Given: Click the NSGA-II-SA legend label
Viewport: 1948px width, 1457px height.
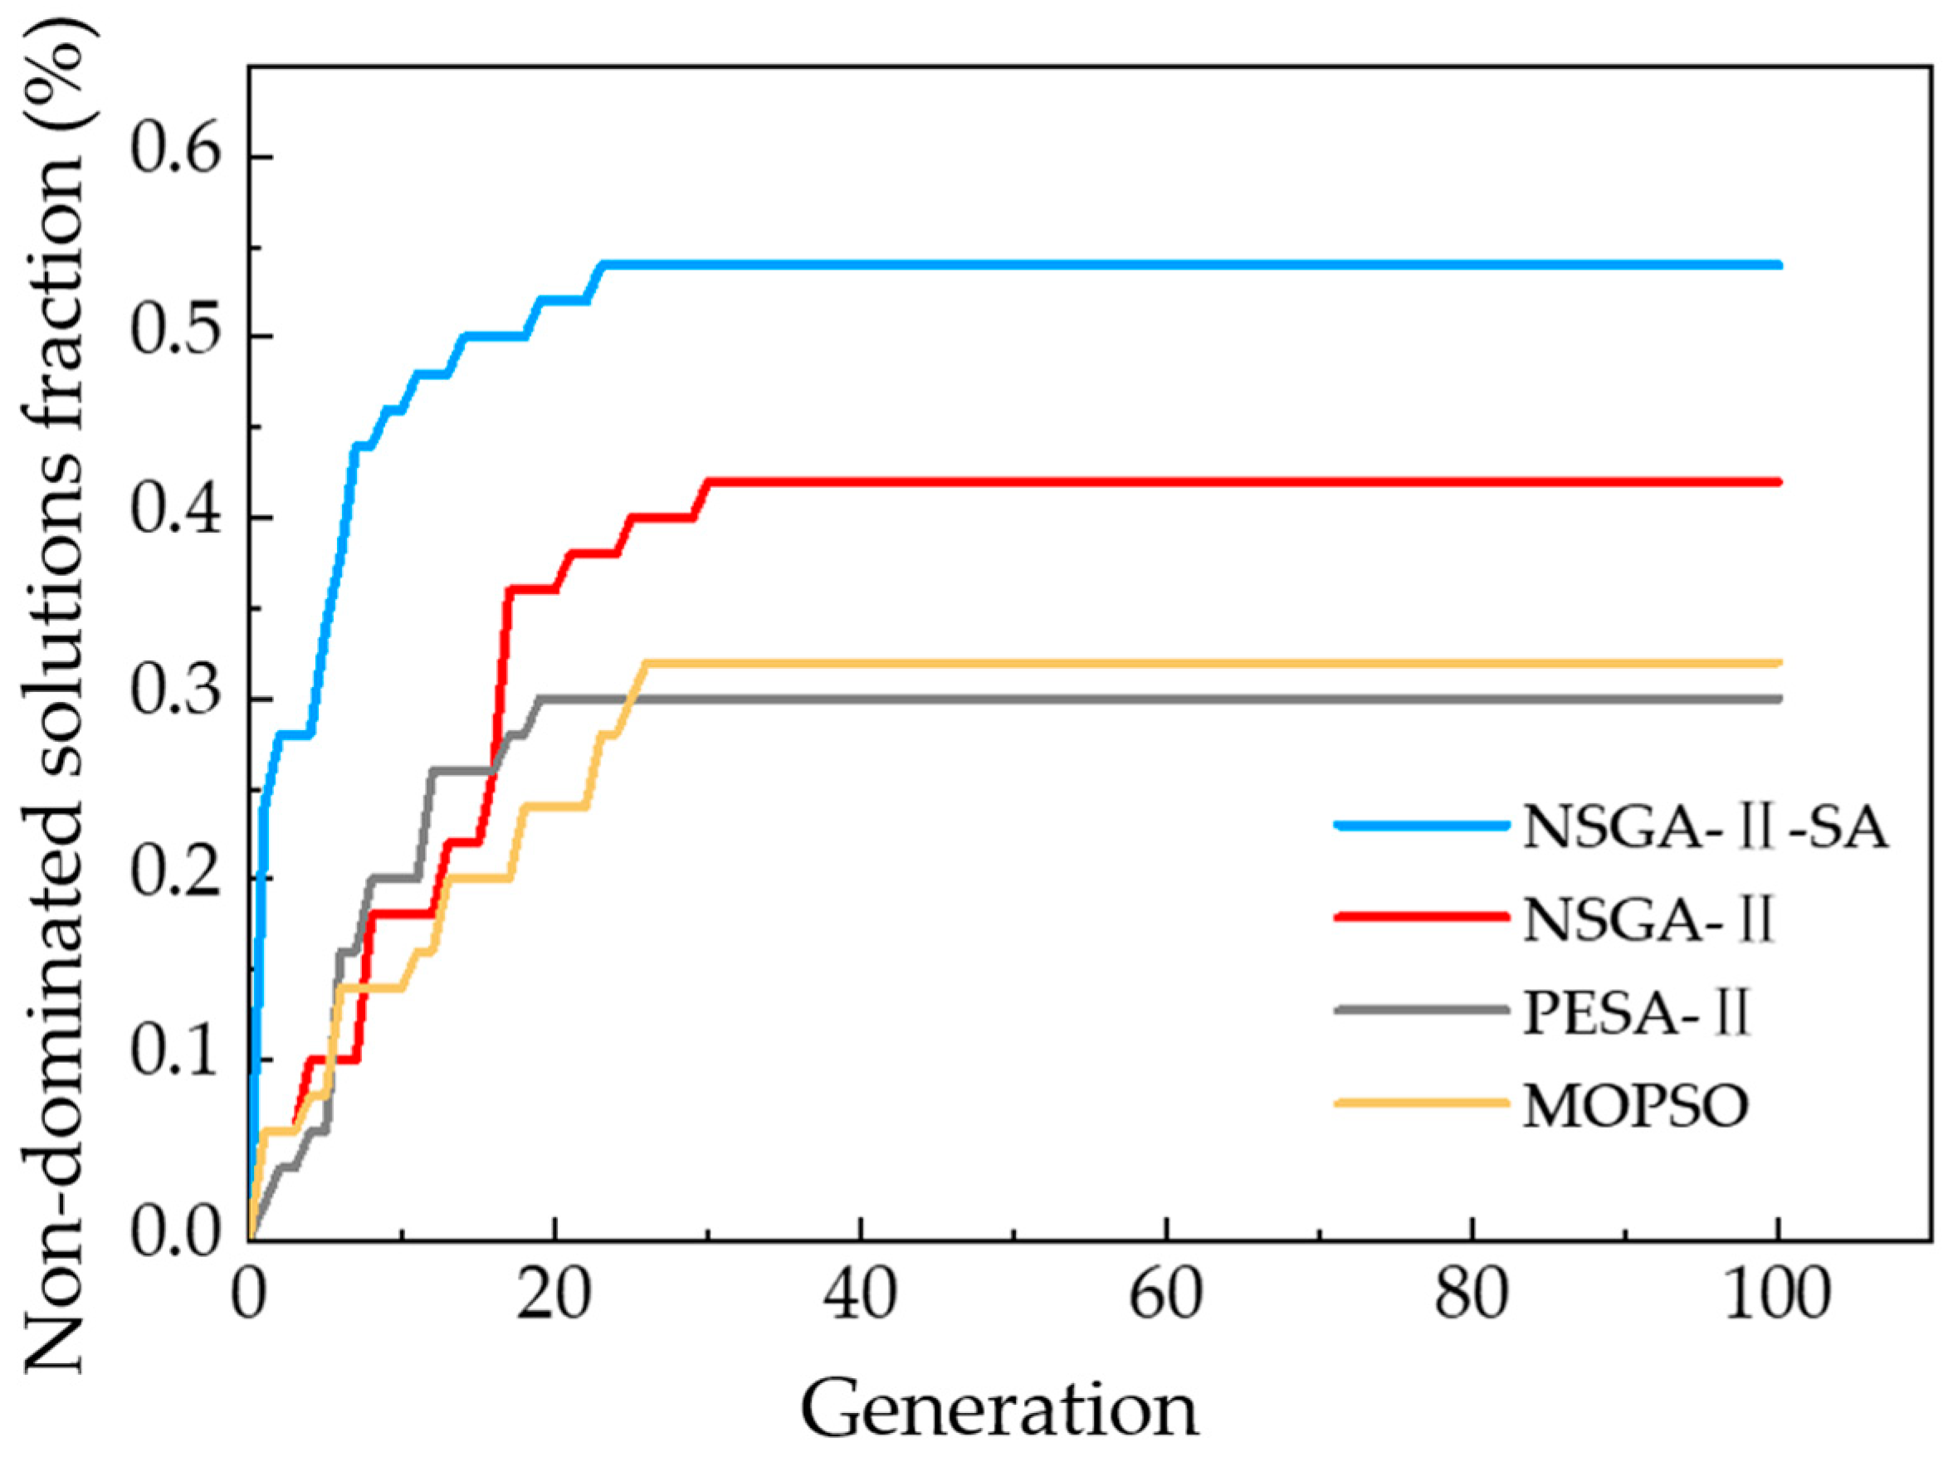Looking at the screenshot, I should tap(1705, 827).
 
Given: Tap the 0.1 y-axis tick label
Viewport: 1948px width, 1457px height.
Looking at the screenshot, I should tap(174, 1058).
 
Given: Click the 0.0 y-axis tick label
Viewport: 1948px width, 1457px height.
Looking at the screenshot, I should tap(174, 1236).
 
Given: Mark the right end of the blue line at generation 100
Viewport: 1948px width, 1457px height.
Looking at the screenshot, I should tap(1778, 265).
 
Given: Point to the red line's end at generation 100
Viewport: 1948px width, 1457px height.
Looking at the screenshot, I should tap(1778, 482).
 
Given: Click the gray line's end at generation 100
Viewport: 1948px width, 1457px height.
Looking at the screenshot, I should tap(1778, 699).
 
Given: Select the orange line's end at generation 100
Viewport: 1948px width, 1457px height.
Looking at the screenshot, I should tap(1778, 663).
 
